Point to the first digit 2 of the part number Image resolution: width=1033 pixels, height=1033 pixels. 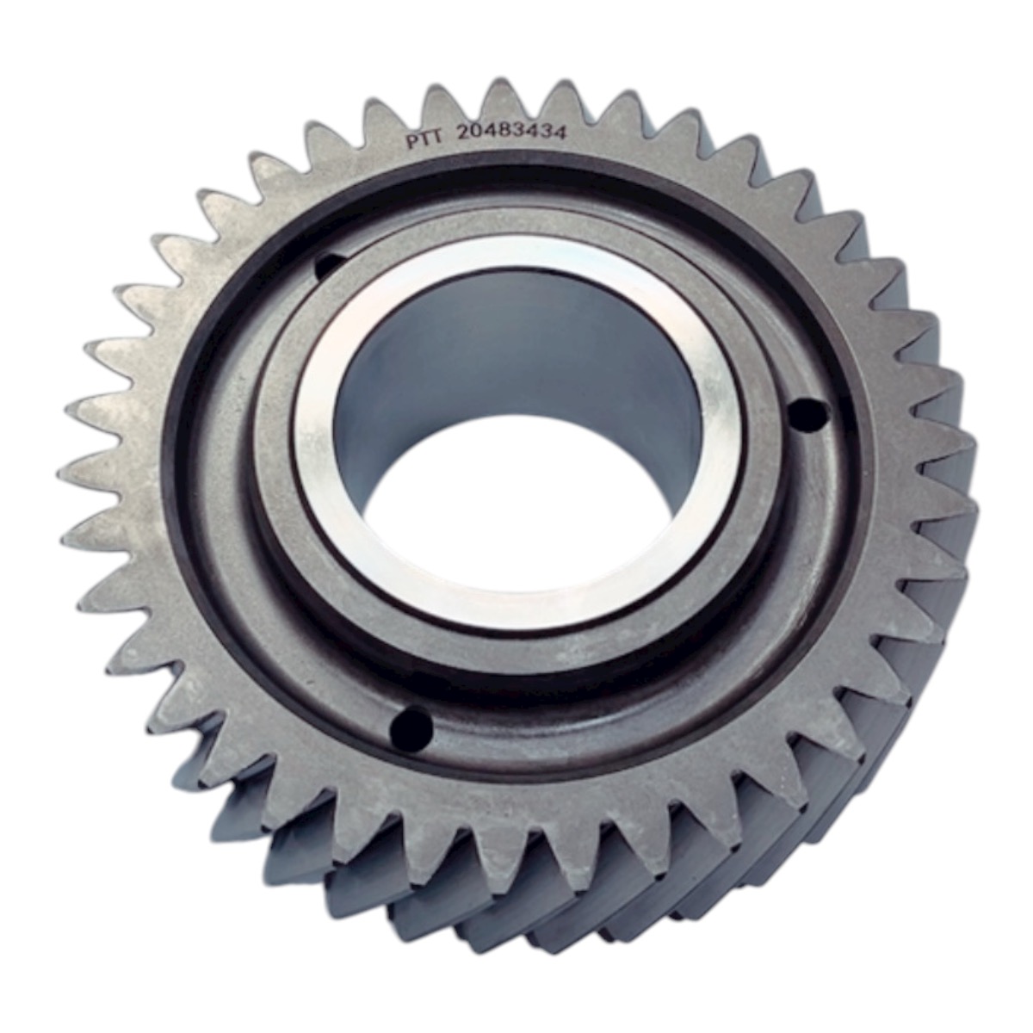pyautogui.click(x=464, y=133)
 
